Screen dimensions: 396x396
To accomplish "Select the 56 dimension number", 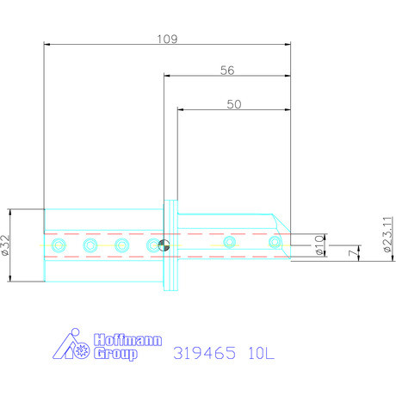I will coord(227,71).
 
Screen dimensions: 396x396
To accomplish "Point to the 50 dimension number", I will coord(232,103).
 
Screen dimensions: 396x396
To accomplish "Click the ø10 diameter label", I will coord(319,245).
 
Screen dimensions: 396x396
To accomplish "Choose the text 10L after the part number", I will coord(254,353).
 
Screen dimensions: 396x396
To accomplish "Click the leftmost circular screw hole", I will coord(58,246).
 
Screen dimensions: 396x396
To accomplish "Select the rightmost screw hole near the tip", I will coord(274,244).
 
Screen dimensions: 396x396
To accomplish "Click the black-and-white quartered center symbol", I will coord(164,246).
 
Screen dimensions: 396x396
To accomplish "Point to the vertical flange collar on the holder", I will coord(170,245).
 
